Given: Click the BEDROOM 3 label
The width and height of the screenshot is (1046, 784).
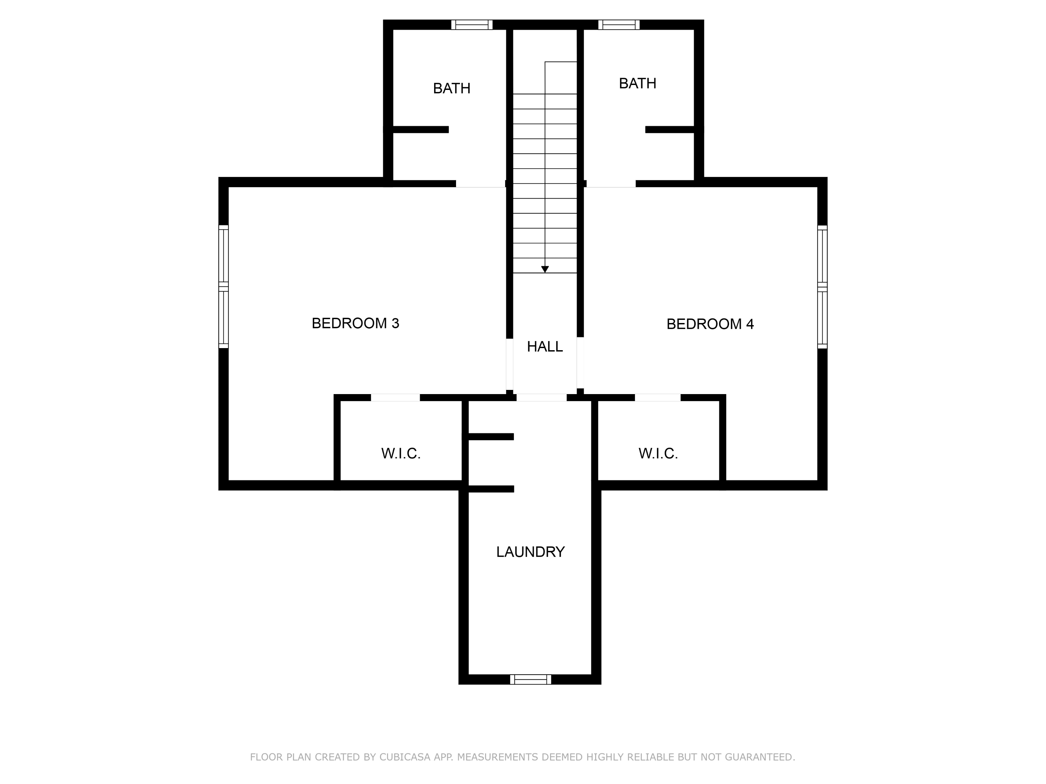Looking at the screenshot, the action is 355,323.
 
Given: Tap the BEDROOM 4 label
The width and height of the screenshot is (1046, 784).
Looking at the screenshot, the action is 710,324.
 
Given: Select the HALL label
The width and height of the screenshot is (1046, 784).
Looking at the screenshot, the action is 545,347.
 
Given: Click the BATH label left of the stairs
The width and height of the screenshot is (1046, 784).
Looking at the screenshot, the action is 452,89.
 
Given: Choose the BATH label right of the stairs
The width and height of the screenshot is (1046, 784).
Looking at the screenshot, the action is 637,84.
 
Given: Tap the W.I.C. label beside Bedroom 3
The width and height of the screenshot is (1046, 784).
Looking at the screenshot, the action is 401,454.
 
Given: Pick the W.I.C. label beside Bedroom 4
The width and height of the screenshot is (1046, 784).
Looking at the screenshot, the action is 658,454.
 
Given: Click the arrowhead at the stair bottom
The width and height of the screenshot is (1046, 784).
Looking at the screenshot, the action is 545,269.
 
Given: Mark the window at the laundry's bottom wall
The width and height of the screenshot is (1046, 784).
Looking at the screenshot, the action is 531,679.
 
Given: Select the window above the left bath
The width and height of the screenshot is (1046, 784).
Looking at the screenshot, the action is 471,25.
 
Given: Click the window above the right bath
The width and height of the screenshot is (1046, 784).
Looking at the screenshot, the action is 619,25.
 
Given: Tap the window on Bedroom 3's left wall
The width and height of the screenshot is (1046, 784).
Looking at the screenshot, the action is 223,287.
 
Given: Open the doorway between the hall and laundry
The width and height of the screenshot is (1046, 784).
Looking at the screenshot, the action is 541,398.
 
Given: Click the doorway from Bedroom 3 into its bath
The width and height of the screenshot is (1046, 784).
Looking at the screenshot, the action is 480,184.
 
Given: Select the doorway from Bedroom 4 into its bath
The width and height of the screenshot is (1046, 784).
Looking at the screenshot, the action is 611,184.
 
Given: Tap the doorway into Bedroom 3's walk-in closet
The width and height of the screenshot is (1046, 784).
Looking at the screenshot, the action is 395,398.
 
